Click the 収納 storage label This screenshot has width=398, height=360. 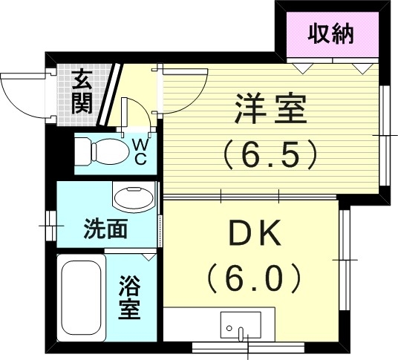(x=331, y=33)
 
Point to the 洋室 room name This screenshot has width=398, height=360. (x=270, y=111)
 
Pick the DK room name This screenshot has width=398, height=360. (x=254, y=235)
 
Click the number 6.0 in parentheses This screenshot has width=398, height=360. (x=254, y=278)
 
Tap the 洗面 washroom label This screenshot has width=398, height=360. (x=105, y=228)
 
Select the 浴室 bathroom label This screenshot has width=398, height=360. (x=131, y=296)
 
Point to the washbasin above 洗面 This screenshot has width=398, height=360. (x=134, y=198)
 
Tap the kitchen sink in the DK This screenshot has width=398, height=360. (x=240, y=326)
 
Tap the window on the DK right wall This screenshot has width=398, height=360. (x=345, y=259)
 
